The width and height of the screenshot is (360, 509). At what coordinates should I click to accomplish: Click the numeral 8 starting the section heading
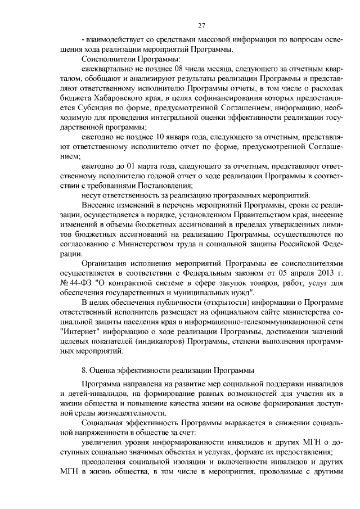coord(84,371)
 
